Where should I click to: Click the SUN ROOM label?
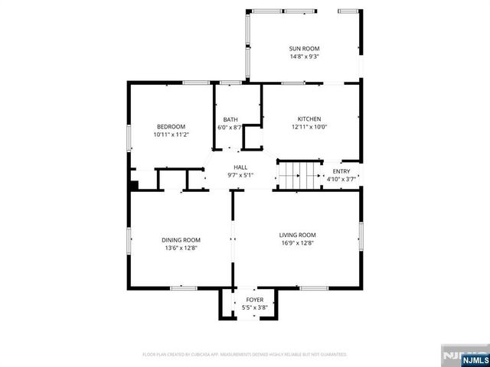305,48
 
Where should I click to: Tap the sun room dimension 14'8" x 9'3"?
305,57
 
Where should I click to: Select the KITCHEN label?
309,119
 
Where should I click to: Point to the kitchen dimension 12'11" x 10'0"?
309,127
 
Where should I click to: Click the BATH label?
230,119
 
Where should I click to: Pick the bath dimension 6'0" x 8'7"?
230,128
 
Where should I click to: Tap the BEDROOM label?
171,126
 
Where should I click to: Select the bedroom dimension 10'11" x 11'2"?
171,135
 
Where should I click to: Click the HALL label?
240,167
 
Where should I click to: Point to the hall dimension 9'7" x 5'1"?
240,175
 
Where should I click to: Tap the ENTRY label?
340,171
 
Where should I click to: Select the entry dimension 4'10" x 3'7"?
340,180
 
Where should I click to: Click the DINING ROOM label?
181,239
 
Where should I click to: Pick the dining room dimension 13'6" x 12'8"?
181,248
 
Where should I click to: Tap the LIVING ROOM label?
297,235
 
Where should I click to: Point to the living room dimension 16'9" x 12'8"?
297,243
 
